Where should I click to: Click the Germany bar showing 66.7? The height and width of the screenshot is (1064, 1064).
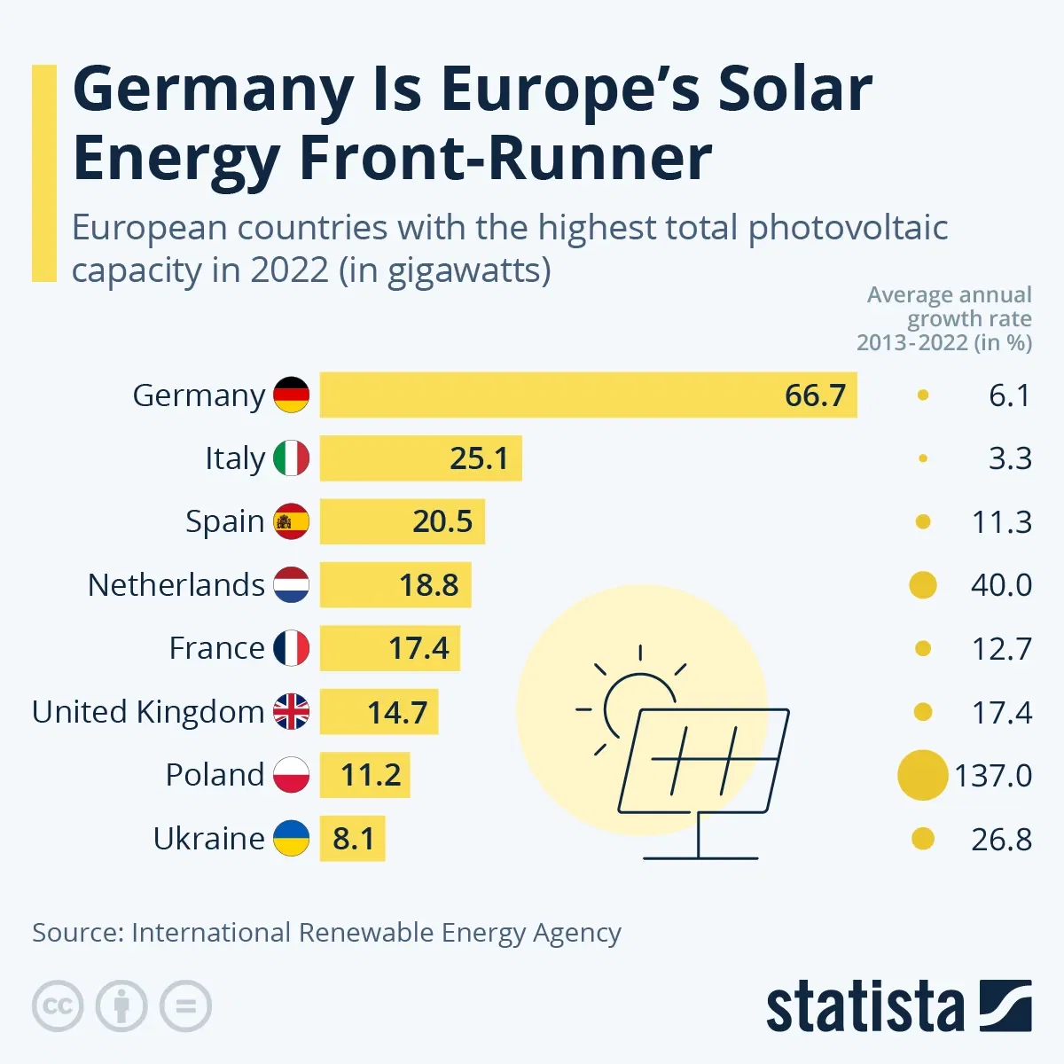coord(588,395)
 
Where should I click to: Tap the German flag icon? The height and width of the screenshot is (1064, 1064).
coord(291,395)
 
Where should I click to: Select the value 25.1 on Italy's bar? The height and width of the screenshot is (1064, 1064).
coord(479,458)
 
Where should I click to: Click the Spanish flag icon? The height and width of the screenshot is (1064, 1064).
coord(291,521)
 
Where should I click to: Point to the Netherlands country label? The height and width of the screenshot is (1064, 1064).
coord(176,585)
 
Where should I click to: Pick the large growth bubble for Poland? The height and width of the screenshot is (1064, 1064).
coord(922,775)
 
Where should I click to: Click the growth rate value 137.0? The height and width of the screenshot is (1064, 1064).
coord(993,776)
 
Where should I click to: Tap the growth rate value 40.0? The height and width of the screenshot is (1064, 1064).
coord(1001,585)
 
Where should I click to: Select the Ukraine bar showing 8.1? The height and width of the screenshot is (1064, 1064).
coord(352,839)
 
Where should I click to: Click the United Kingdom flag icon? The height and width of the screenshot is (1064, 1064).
coord(291,711)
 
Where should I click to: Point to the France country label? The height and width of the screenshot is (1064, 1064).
coord(216,648)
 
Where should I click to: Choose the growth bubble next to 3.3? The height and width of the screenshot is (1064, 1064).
coord(923,458)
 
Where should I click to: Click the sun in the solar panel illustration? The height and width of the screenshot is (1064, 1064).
coord(636,700)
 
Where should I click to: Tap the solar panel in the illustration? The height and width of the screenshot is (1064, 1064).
coord(703,761)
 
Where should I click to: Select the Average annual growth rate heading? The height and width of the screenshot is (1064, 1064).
coord(945,318)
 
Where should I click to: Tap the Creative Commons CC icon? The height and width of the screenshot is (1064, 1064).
coord(58,1006)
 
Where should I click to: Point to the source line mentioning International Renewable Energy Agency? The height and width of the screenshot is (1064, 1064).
coord(326,933)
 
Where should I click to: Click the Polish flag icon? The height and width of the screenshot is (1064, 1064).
coord(291,775)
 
